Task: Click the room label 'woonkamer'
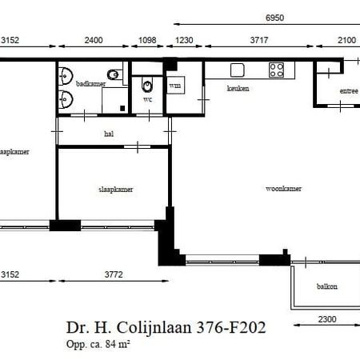[x=283, y=190]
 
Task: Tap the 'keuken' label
[x=238, y=88]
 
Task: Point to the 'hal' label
[x=108, y=134]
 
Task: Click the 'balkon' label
[x=326, y=286]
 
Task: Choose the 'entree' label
[x=348, y=91]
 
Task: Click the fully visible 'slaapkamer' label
[x=115, y=190]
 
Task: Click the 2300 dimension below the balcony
[x=326, y=318]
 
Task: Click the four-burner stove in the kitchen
[x=277, y=70]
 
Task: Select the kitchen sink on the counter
[x=237, y=70]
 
